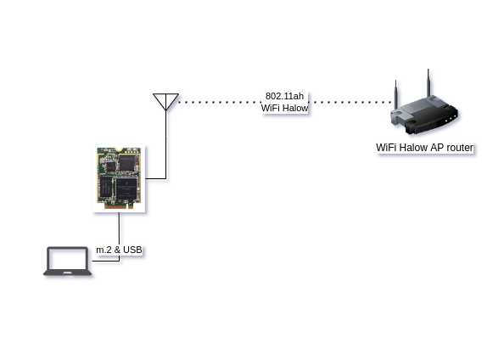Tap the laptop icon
(x=68, y=262)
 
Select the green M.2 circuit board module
(x=119, y=178)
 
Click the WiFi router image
(x=424, y=106)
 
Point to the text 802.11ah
(x=284, y=96)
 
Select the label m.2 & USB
(x=119, y=250)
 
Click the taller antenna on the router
(x=428, y=83)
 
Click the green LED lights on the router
(x=451, y=118)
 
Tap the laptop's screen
(x=68, y=259)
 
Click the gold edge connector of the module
(x=119, y=206)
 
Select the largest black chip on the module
(x=126, y=189)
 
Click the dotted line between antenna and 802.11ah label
(x=220, y=102)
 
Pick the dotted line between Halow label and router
(x=350, y=102)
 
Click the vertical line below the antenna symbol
(x=165, y=144)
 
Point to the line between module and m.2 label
(x=120, y=228)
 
